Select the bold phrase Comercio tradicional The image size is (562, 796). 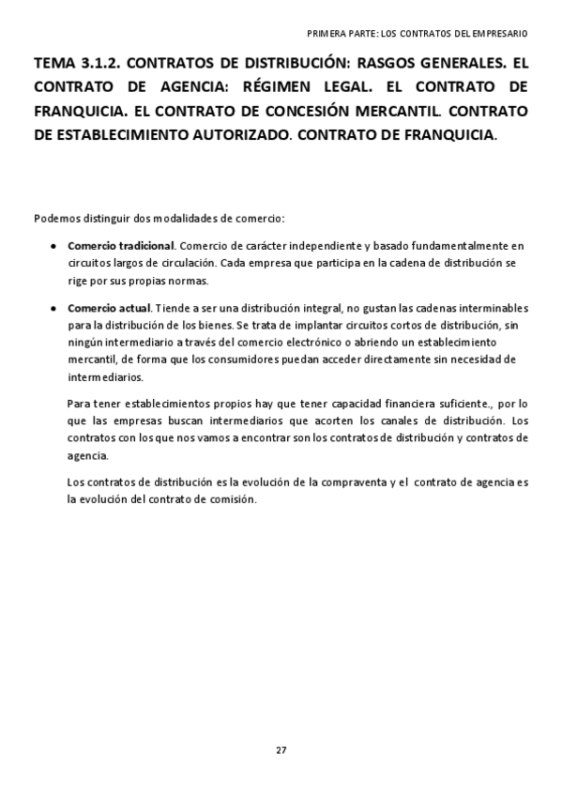pos(121,246)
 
